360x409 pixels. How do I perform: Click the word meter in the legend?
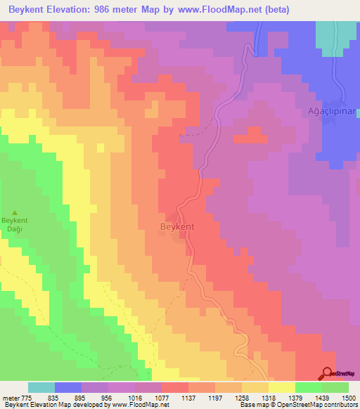(x=11, y=397)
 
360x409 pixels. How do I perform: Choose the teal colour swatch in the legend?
(x=41, y=387)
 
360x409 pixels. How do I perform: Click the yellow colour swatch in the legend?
(x=281, y=387)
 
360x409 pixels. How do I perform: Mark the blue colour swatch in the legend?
(x=68, y=387)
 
